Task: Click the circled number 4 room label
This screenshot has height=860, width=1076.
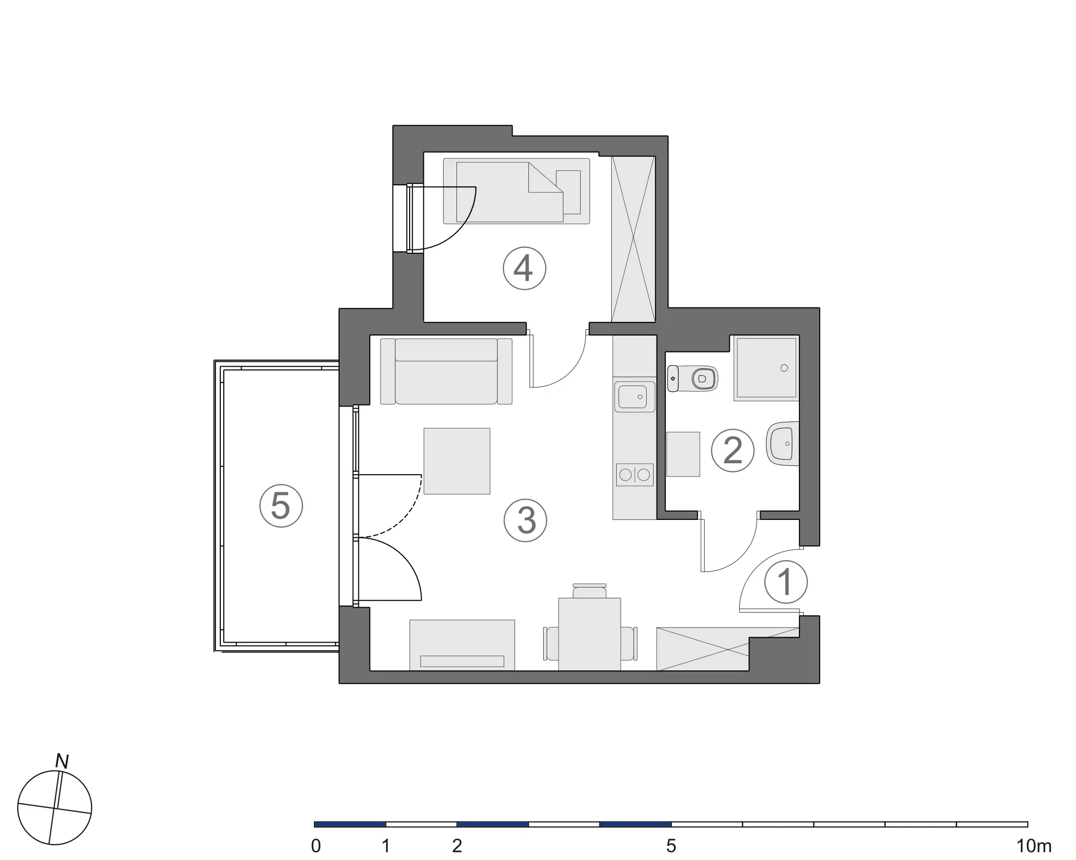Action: (524, 269)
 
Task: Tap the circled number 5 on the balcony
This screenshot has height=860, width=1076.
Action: (281, 506)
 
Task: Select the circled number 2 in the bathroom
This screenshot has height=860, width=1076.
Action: (732, 451)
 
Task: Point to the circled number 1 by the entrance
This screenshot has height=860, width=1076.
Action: (786, 582)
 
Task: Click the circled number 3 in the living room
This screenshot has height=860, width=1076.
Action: (525, 520)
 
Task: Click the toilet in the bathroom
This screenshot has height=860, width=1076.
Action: (694, 379)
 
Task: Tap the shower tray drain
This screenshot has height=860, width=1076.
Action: (784, 368)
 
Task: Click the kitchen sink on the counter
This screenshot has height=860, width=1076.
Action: (634, 397)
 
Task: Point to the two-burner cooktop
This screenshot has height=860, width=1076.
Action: (634, 475)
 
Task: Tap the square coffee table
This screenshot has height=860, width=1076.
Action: (456, 461)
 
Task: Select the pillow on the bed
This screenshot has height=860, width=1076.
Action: (569, 192)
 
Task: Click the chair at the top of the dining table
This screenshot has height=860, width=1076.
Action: (590, 590)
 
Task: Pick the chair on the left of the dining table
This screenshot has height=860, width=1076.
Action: (551, 643)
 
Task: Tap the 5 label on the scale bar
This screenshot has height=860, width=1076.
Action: (671, 846)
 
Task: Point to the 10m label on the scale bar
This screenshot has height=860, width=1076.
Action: (1034, 846)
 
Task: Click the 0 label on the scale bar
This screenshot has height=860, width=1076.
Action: (315, 846)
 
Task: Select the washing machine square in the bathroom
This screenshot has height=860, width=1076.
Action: (683, 454)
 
